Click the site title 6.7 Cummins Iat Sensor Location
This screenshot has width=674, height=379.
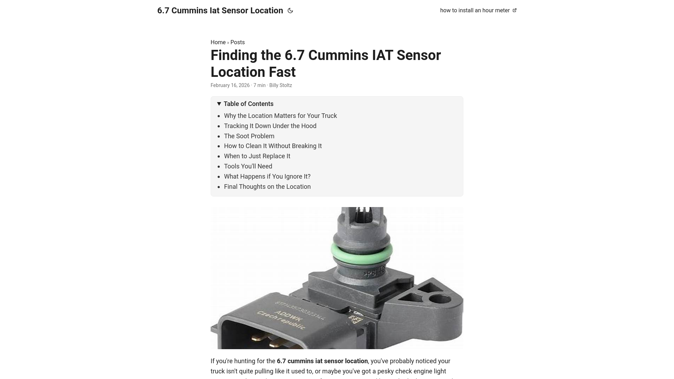point(220,11)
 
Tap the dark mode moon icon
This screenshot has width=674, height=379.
point(290,11)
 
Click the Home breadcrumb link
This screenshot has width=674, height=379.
point(218,42)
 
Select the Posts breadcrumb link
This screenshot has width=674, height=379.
point(237,42)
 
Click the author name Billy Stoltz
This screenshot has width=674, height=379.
point(280,85)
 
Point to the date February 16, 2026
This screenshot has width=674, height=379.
point(230,85)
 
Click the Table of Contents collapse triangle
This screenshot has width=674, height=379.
point(219,104)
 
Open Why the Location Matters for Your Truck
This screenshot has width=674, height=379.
point(280,116)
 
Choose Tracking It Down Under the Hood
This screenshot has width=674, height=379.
point(270,126)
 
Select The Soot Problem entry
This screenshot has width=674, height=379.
point(249,136)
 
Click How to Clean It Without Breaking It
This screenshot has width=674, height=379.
point(273,146)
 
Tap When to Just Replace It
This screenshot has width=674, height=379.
point(257,156)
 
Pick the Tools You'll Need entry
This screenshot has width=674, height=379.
point(248,166)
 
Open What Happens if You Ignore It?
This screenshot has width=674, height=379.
point(267,177)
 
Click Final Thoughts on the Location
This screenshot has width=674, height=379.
point(267,187)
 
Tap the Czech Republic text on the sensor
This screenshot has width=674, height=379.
point(281,320)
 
